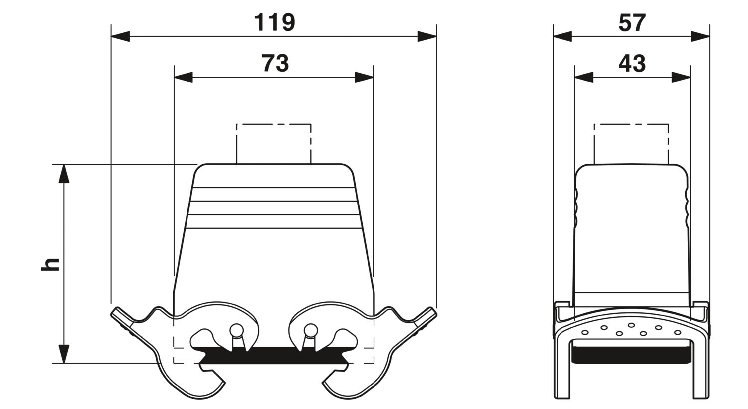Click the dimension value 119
click(274, 23)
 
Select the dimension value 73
click(275, 63)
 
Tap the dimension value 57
click(632, 23)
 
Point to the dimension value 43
click(632, 63)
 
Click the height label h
click(50, 264)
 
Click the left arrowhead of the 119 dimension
click(120, 36)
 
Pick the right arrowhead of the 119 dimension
click(427, 36)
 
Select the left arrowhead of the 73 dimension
click(184, 77)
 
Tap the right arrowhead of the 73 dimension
click(364, 77)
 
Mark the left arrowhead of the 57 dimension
click(562, 36)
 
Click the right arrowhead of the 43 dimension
click(681, 77)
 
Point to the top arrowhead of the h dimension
click(64, 174)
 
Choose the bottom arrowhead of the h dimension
click(64, 354)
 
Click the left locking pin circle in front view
click(237, 331)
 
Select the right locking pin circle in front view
click(311, 331)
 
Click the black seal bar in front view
click(274, 355)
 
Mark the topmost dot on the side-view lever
click(631, 325)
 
